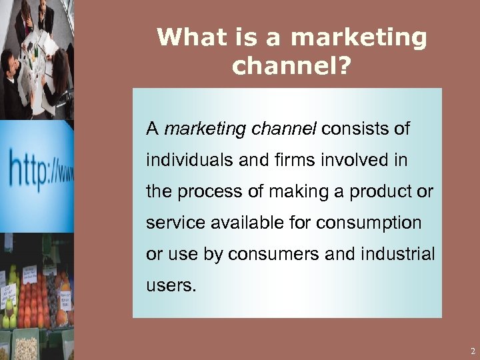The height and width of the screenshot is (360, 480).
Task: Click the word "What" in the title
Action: click(x=187, y=37)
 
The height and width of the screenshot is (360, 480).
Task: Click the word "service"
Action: click(x=174, y=223)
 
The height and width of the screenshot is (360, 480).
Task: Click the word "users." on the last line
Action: click(x=171, y=285)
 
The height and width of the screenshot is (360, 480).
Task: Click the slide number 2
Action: click(x=472, y=351)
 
